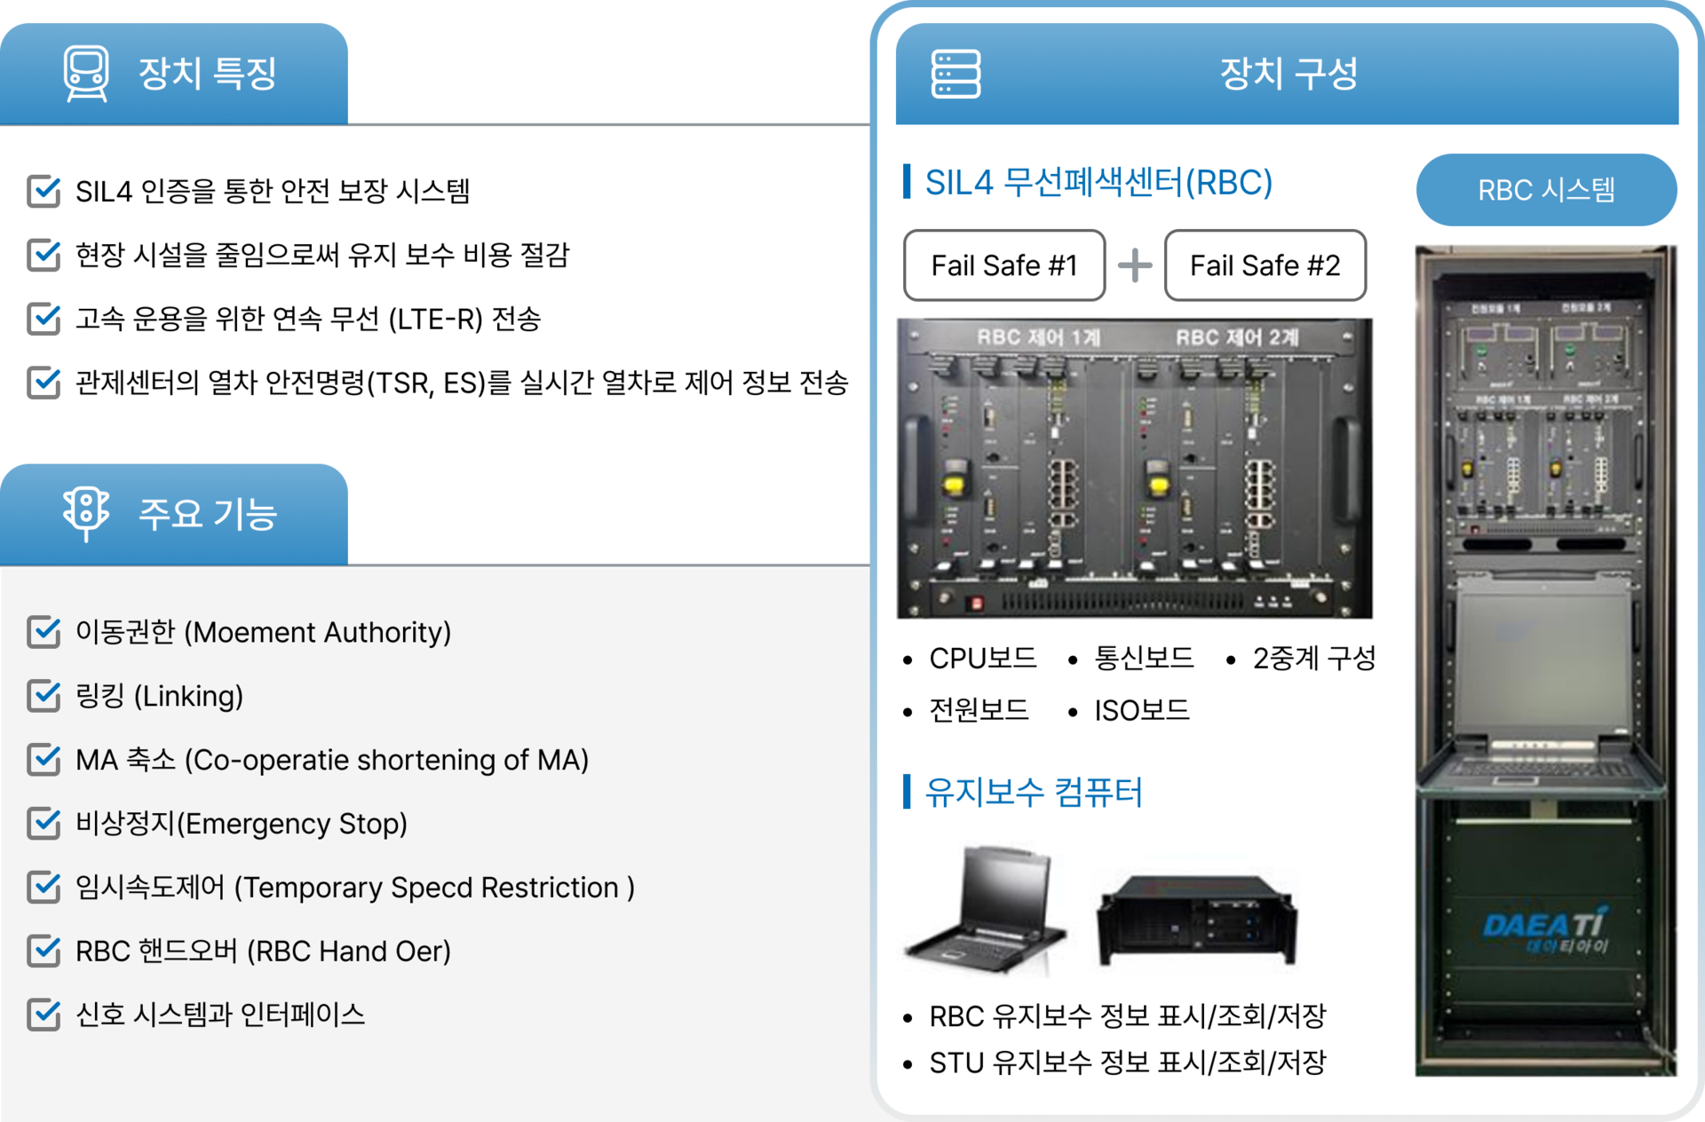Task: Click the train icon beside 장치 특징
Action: [x=86, y=73]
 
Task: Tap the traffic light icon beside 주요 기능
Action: [x=86, y=512]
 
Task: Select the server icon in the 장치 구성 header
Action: [x=956, y=74]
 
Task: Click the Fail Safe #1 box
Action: [x=1003, y=265]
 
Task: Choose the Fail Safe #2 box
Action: [x=1265, y=265]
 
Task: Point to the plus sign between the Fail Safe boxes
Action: [x=1135, y=265]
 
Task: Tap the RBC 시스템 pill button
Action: [x=1546, y=190]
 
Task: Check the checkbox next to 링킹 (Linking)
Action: [x=44, y=696]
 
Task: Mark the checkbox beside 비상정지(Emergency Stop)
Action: [x=44, y=824]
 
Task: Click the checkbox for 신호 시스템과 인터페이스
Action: [x=44, y=1015]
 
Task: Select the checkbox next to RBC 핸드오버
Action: [x=44, y=951]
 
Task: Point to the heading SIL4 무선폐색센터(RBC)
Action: [x=1098, y=183]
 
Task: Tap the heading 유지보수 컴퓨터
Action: [x=1034, y=792]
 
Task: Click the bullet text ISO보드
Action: [x=1141, y=711]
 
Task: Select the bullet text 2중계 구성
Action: [x=1313, y=659]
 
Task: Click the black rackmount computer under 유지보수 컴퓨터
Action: [x=1197, y=919]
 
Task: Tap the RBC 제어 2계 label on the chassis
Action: [x=1237, y=337]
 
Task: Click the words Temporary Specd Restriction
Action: [x=431, y=888]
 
